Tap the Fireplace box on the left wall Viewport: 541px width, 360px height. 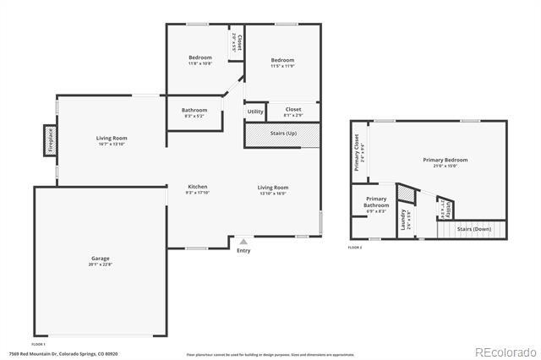click(50, 140)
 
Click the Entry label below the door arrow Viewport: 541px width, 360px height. click(243, 250)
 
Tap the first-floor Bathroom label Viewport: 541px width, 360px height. click(194, 112)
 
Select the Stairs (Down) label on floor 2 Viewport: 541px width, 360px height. click(473, 228)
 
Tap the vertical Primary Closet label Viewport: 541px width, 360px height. click(358, 152)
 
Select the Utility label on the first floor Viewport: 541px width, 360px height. click(254, 112)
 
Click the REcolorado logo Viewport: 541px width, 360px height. click(505, 351)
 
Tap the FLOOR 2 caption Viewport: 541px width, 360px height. click(354, 248)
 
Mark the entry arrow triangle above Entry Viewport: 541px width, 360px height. click(243, 241)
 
